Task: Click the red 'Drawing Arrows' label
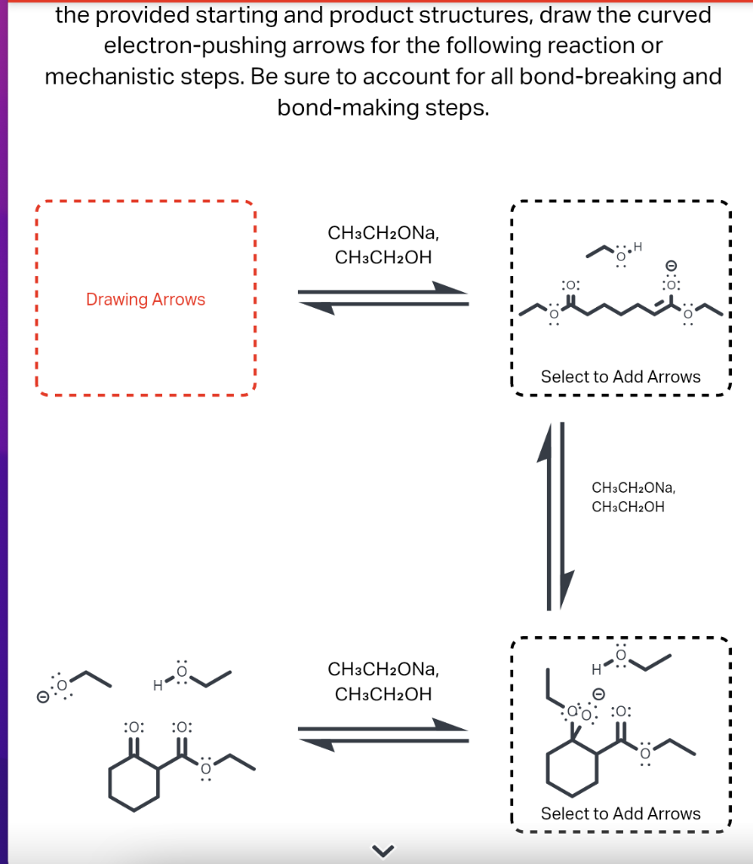(145, 300)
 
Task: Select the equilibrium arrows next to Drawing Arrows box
(382, 297)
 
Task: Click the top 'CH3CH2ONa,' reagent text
(382, 233)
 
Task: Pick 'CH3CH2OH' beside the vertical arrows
(628, 507)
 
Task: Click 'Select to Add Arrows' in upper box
(620, 377)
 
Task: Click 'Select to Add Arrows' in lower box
(620, 814)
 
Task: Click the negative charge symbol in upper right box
(672, 265)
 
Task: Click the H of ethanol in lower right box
(595, 671)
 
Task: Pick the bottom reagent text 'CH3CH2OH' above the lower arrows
(382, 694)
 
